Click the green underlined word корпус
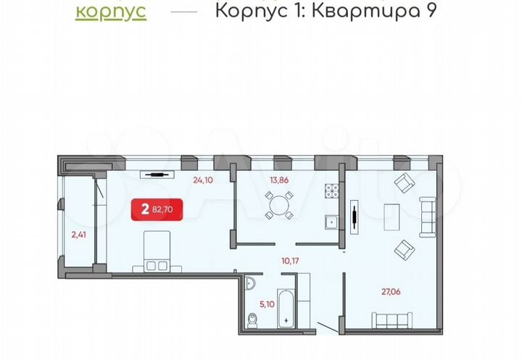tap(111, 12)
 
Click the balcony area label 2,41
tap(78, 234)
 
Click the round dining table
tap(278, 205)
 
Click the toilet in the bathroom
tap(252, 319)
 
